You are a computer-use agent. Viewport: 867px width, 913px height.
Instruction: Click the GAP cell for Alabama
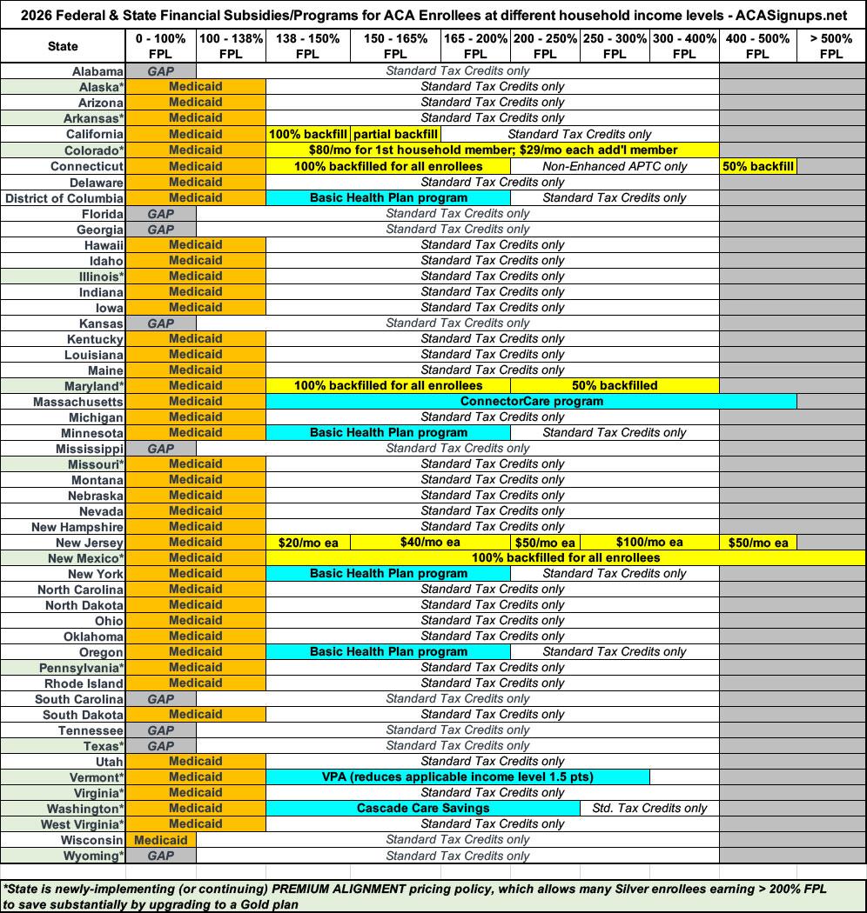(161, 71)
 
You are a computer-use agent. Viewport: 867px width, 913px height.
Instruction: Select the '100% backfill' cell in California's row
(308, 134)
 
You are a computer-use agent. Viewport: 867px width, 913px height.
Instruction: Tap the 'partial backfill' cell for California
(395, 134)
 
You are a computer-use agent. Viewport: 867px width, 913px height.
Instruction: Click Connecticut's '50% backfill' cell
(757, 166)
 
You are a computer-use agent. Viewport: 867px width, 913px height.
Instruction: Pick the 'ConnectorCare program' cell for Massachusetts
(531, 401)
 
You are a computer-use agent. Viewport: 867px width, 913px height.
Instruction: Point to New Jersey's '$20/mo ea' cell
(308, 543)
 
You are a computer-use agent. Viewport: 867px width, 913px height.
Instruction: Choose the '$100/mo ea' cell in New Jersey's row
(649, 542)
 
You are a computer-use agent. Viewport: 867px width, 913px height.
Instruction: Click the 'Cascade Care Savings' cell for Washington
(423, 808)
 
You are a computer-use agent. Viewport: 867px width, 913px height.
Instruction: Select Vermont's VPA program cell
(457, 776)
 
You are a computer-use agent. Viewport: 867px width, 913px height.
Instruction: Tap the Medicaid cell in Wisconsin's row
(161, 840)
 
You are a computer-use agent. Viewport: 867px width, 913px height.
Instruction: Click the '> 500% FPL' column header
(830, 46)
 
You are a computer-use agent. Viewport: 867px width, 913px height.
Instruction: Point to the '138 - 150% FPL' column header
(308, 46)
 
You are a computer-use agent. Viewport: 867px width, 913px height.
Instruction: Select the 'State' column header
(63, 46)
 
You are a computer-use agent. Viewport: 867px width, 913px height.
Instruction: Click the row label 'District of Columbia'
(64, 198)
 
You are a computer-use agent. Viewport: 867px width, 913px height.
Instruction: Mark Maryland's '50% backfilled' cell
(615, 385)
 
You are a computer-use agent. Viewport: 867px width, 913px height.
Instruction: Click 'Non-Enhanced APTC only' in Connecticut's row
(615, 166)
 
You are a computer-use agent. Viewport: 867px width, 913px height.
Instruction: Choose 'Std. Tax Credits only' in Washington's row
(649, 808)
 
